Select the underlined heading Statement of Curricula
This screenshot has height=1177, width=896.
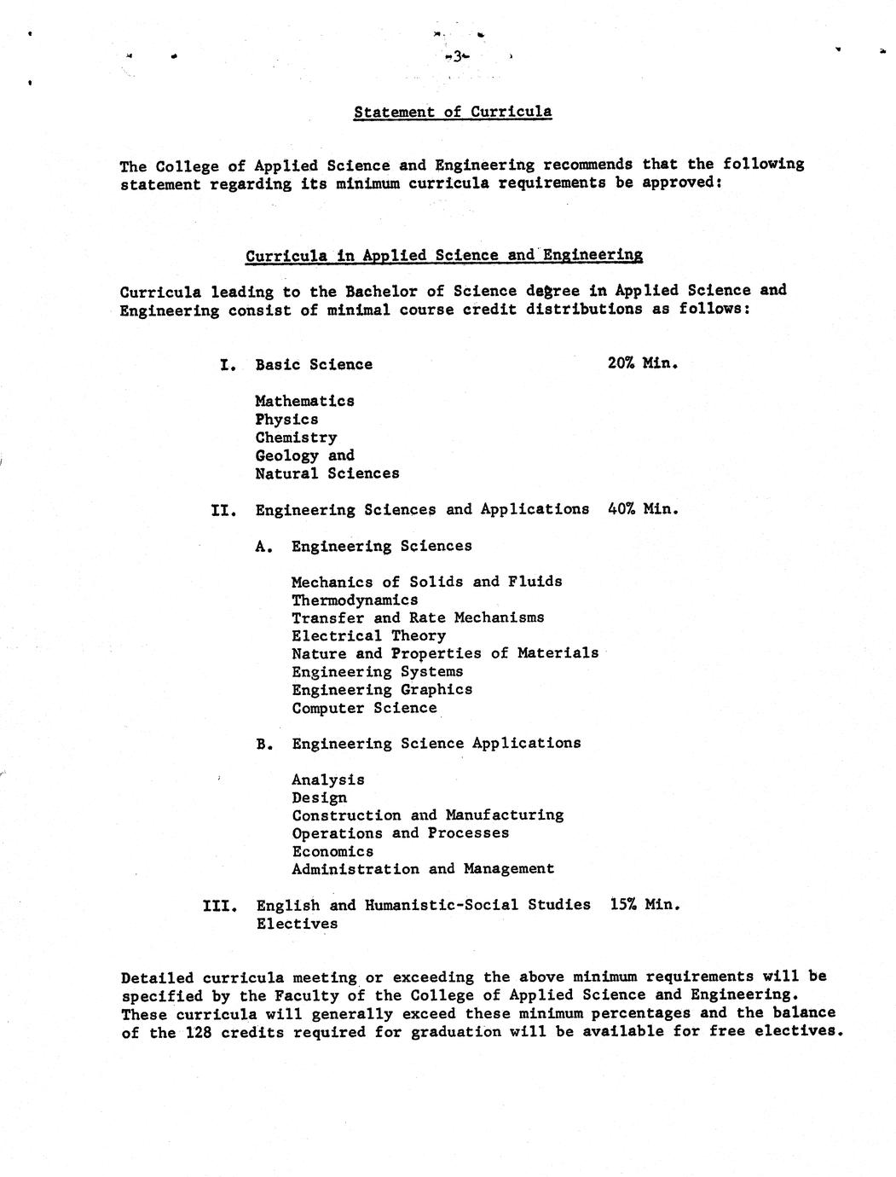pos(453,112)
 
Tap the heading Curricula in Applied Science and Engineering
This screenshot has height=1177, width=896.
pos(443,255)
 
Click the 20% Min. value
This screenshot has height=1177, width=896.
pos(643,362)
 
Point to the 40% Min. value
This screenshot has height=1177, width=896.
pos(643,508)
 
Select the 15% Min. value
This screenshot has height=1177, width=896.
pos(645,903)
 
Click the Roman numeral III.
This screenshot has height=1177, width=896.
pos(219,905)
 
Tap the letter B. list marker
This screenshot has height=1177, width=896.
pos(264,744)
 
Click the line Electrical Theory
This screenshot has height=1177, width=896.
pos(368,635)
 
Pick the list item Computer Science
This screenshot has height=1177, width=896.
pos(364,708)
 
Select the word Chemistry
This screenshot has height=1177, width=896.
pos(296,437)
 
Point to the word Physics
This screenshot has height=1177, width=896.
pos(286,419)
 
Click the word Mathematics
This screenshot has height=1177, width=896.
pos(304,401)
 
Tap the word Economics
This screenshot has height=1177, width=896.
pos(332,851)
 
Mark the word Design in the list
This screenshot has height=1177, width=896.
pos(319,797)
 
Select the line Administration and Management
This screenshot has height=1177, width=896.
pos(423,869)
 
